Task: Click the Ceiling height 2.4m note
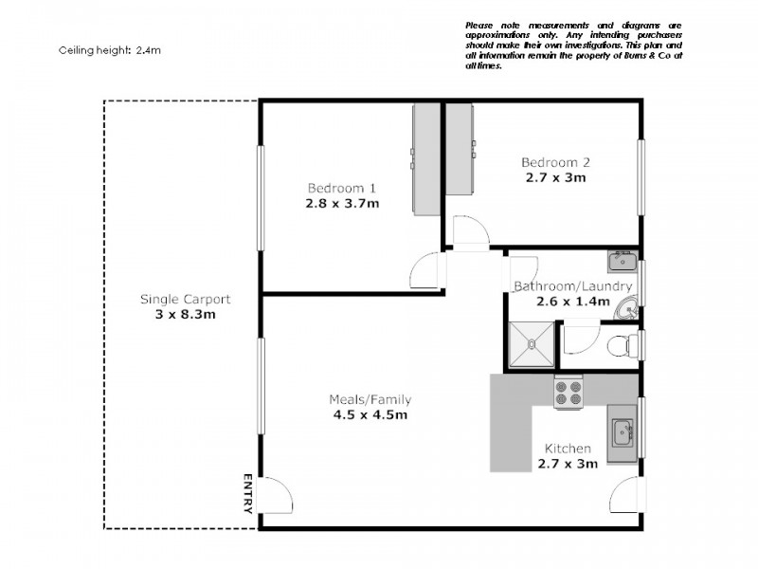pyautogui.click(x=110, y=50)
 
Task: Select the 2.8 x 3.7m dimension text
pyautogui.click(x=342, y=203)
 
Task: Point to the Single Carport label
pyautogui.click(x=185, y=299)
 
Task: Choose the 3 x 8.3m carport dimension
pyautogui.click(x=185, y=315)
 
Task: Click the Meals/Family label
pyautogui.click(x=369, y=399)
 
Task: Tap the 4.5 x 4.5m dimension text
pyautogui.click(x=369, y=415)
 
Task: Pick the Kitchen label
pyautogui.click(x=568, y=449)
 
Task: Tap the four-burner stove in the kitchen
pyautogui.click(x=568, y=393)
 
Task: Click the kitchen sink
pyautogui.click(x=623, y=434)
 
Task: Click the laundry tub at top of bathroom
pyautogui.click(x=623, y=261)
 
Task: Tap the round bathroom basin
pyautogui.click(x=626, y=307)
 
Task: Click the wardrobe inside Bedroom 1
pyautogui.click(x=425, y=158)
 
